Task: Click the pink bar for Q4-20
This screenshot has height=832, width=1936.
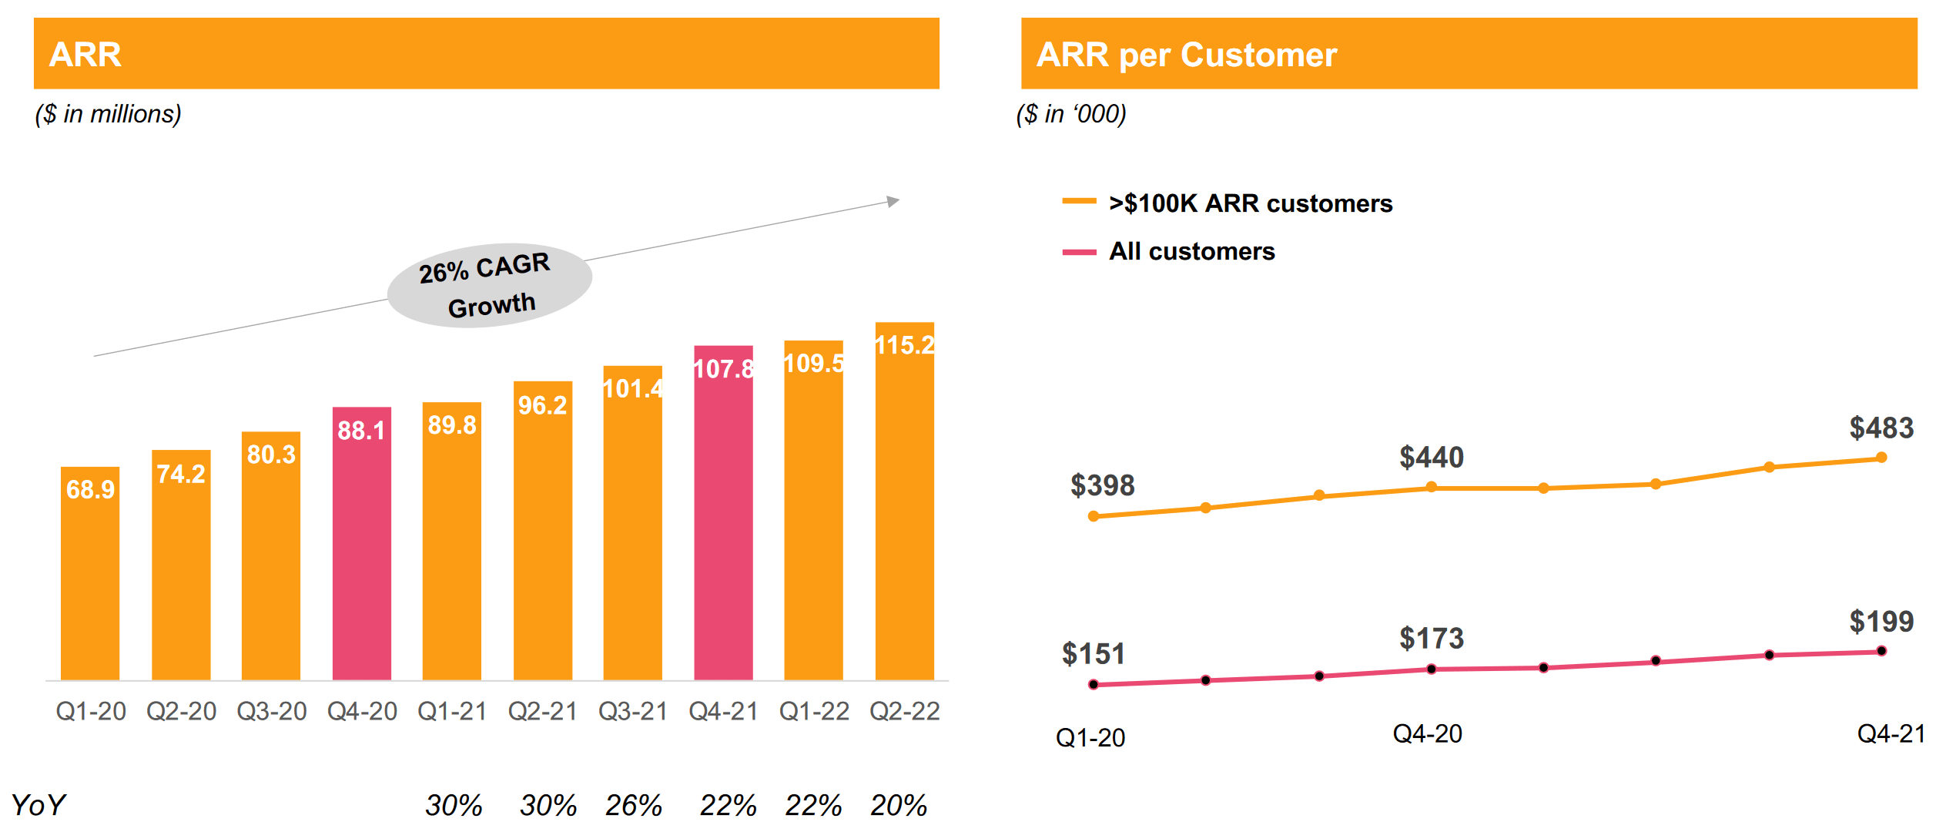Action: pos(361,543)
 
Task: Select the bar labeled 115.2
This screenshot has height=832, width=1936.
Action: pos(904,501)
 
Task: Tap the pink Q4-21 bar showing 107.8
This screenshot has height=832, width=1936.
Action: pos(723,512)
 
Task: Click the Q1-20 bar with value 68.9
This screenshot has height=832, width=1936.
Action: pos(90,573)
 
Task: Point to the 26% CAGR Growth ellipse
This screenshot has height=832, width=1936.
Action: pos(489,286)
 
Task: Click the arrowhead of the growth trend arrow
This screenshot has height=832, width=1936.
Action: pos(893,201)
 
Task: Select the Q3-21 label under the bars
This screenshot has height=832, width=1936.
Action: pos(633,711)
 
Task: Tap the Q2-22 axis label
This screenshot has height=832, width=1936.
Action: pos(904,711)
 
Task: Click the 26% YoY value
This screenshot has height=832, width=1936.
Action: pos(633,806)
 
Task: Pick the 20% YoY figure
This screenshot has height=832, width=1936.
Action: pos(898,806)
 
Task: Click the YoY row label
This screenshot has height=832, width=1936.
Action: pos(39,806)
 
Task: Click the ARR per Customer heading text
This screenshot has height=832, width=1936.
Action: pos(1186,55)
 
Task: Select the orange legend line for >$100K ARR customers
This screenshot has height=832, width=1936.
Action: pos(1079,202)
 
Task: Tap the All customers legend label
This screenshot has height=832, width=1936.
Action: pos(1191,251)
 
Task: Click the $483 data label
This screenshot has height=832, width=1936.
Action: pos(1881,428)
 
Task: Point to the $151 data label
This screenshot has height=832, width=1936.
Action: pos(1093,654)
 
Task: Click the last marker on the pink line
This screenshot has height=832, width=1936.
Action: pos(1881,651)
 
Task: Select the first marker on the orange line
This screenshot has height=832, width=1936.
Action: pos(1094,516)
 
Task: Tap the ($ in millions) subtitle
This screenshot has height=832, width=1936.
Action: pos(108,114)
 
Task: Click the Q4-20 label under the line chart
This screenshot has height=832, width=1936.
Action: pos(1427,734)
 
